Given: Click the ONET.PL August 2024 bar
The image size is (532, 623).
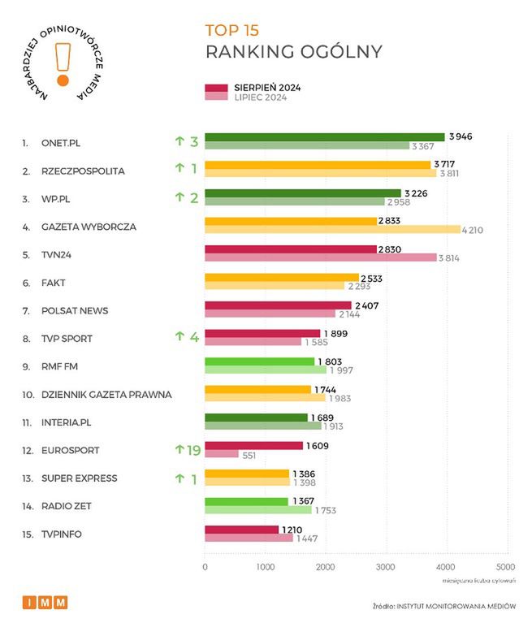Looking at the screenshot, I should point(325,137).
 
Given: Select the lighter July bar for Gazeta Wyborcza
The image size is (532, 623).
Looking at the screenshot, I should point(332,230).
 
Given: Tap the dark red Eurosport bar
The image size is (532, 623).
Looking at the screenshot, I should point(253,445).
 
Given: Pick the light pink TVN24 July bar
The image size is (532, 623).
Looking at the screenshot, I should point(320,257).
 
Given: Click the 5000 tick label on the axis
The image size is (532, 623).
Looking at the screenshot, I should point(504,567).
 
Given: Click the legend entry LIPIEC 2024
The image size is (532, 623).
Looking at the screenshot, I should point(255,97).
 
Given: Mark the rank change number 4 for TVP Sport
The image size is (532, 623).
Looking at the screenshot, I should point(194,337).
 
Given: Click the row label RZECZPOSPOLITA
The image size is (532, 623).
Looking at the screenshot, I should point(83,171).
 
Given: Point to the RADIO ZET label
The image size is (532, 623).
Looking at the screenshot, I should point(67,506).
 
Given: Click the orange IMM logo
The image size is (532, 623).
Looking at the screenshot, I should point(45,603).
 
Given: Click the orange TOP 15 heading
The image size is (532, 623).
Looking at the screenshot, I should point(231,31).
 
